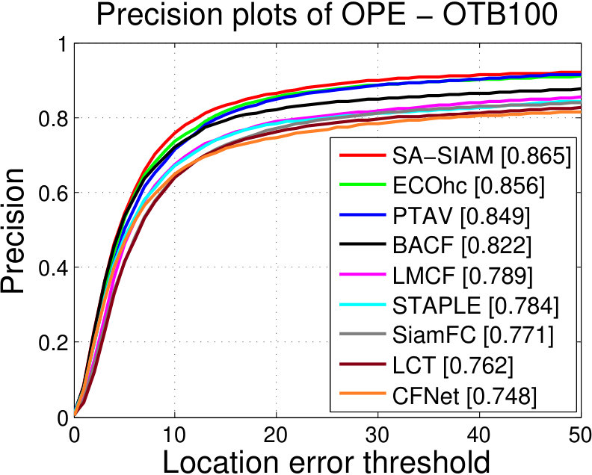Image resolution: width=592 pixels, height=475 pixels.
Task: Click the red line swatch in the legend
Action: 363,155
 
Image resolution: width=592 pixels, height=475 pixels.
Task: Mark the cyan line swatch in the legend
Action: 363,305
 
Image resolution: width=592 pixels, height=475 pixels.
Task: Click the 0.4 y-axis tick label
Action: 53,267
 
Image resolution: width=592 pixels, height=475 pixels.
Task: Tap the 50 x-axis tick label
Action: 579,435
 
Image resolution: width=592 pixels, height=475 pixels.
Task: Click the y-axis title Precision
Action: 13,230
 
